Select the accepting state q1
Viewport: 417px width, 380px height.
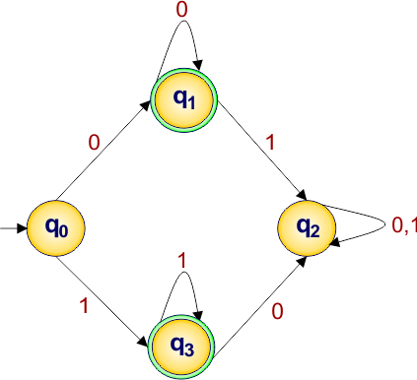pyautogui.click(x=182, y=99)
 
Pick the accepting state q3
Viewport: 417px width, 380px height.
pyautogui.click(x=182, y=347)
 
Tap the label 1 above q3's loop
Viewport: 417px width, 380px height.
pyautogui.click(x=180, y=262)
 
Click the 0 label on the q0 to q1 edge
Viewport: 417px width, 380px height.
pyautogui.click(x=94, y=143)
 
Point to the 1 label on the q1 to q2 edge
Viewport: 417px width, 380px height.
pyautogui.click(x=270, y=144)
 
